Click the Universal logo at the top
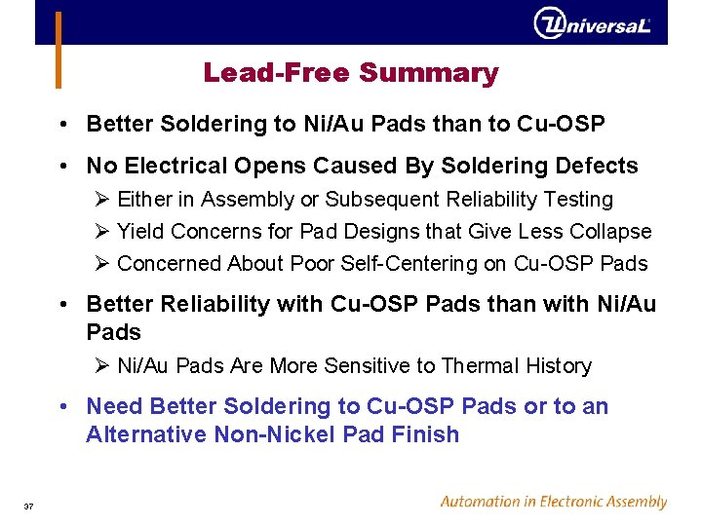592,23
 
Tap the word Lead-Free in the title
277,73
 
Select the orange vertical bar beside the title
58,49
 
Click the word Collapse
613,231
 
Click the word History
557,365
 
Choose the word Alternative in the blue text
143,434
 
